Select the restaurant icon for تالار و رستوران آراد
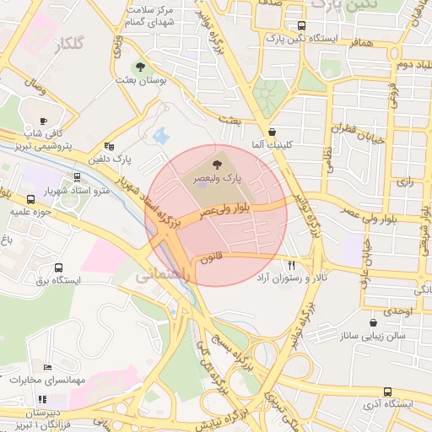click(292, 263)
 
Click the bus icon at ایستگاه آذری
click(387, 391)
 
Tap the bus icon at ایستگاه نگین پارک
click(303, 25)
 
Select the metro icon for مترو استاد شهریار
click(78, 177)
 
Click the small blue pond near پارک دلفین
click(159, 135)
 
